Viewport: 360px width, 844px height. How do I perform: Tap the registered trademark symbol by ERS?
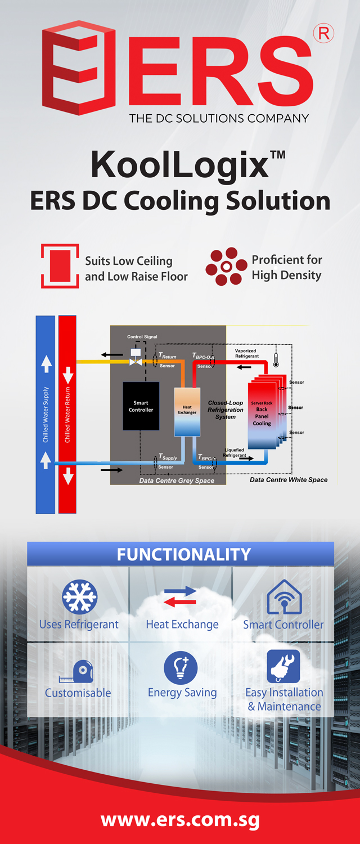click(324, 34)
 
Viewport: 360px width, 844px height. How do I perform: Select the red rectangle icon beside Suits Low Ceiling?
click(60, 266)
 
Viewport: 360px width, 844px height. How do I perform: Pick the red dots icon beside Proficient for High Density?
click(226, 267)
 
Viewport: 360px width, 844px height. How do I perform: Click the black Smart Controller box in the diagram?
click(141, 406)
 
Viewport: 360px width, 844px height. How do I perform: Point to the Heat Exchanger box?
click(187, 411)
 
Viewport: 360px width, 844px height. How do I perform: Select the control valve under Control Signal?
click(136, 361)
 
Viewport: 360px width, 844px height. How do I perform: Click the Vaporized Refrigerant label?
click(247, 353)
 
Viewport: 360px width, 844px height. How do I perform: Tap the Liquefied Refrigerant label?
click(235, 452)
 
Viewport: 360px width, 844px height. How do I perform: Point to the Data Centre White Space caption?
click(289, 480)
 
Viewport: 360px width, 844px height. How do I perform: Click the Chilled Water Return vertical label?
click(67, 414)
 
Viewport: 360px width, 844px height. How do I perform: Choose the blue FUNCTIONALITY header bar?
click(181, 554)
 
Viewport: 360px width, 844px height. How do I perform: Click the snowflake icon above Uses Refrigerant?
click(79, 597)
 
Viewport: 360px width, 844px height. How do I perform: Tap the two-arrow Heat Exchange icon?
click(180, 596)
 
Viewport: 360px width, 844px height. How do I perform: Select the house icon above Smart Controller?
click(284, 597)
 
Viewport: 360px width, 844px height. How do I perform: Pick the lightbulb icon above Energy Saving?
click(181, 668)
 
